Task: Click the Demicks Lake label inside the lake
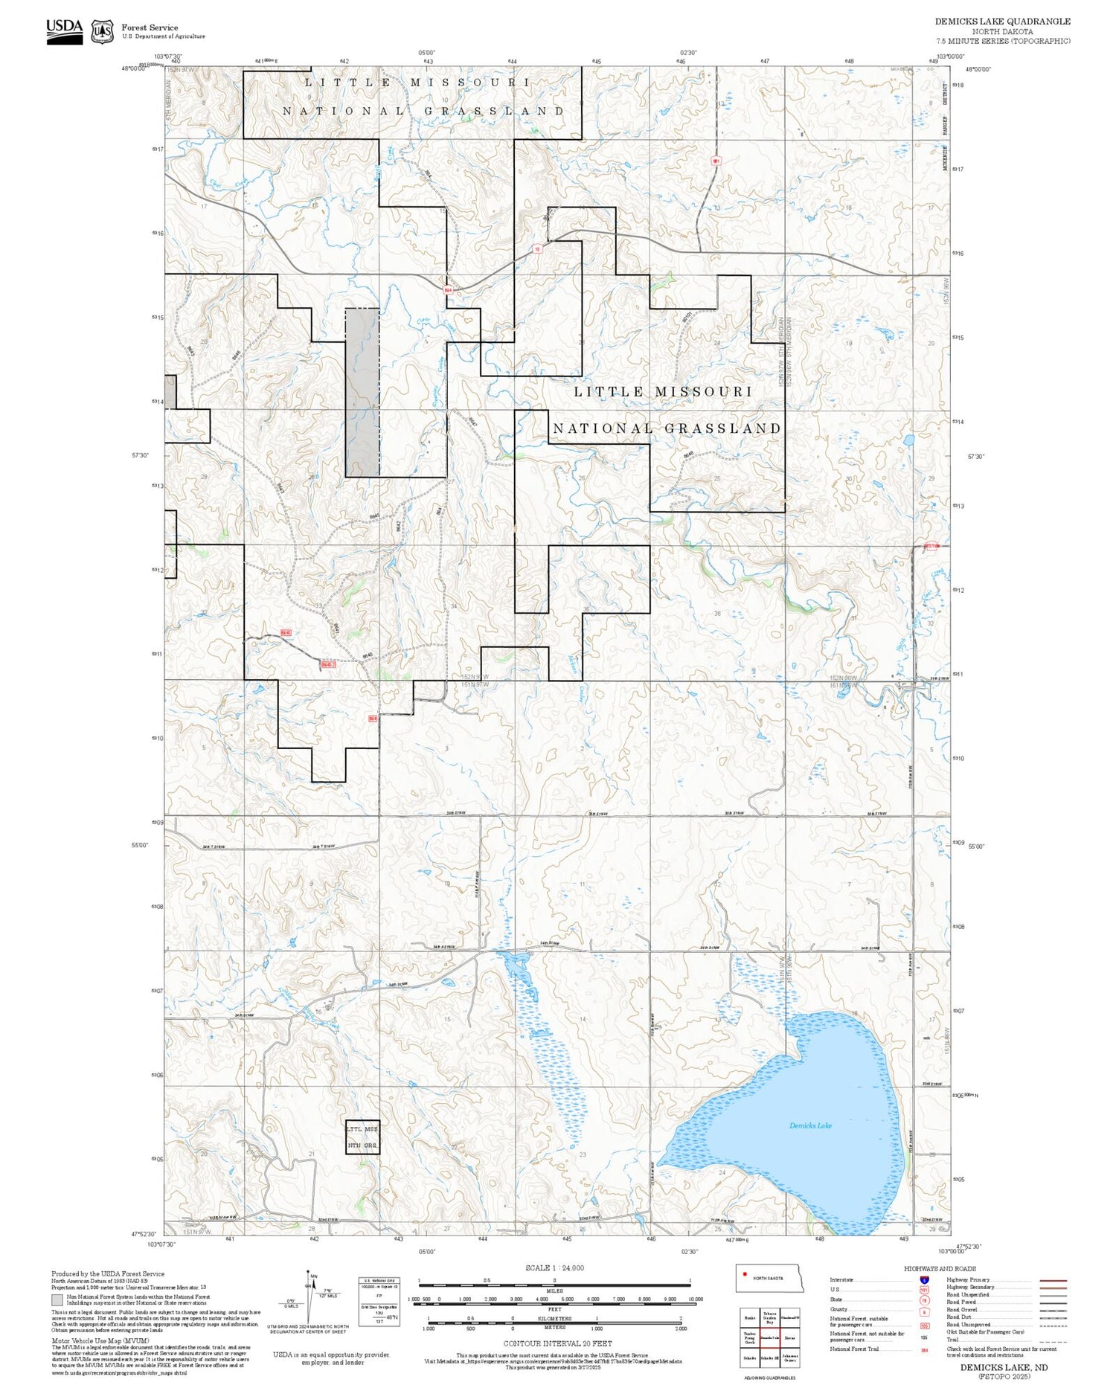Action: pyautogui.click(x=810, y=1125)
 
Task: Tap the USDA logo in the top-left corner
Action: pyautogui.click(x=65, y=31)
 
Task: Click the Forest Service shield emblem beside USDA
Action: pyautogui.click(x=103, y=32)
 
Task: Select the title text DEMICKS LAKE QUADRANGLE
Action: pyautogui.click(x=1002, y=22)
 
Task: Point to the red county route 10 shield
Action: pyautogui.click(x=537, y=249)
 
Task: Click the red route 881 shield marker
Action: pyautogui.click(x=716, y=161)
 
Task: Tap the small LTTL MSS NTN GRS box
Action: pyautogui.click(x=363, y=1137)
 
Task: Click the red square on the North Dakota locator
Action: pyautogui.click(x=745, y=1277)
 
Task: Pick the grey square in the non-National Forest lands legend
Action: pyautogui.click(x=57, y=1299)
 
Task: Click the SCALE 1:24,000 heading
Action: pyautogui.click(x=554, y=1268)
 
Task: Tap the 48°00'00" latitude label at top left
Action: pyautogui.click(x=134, y=68)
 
